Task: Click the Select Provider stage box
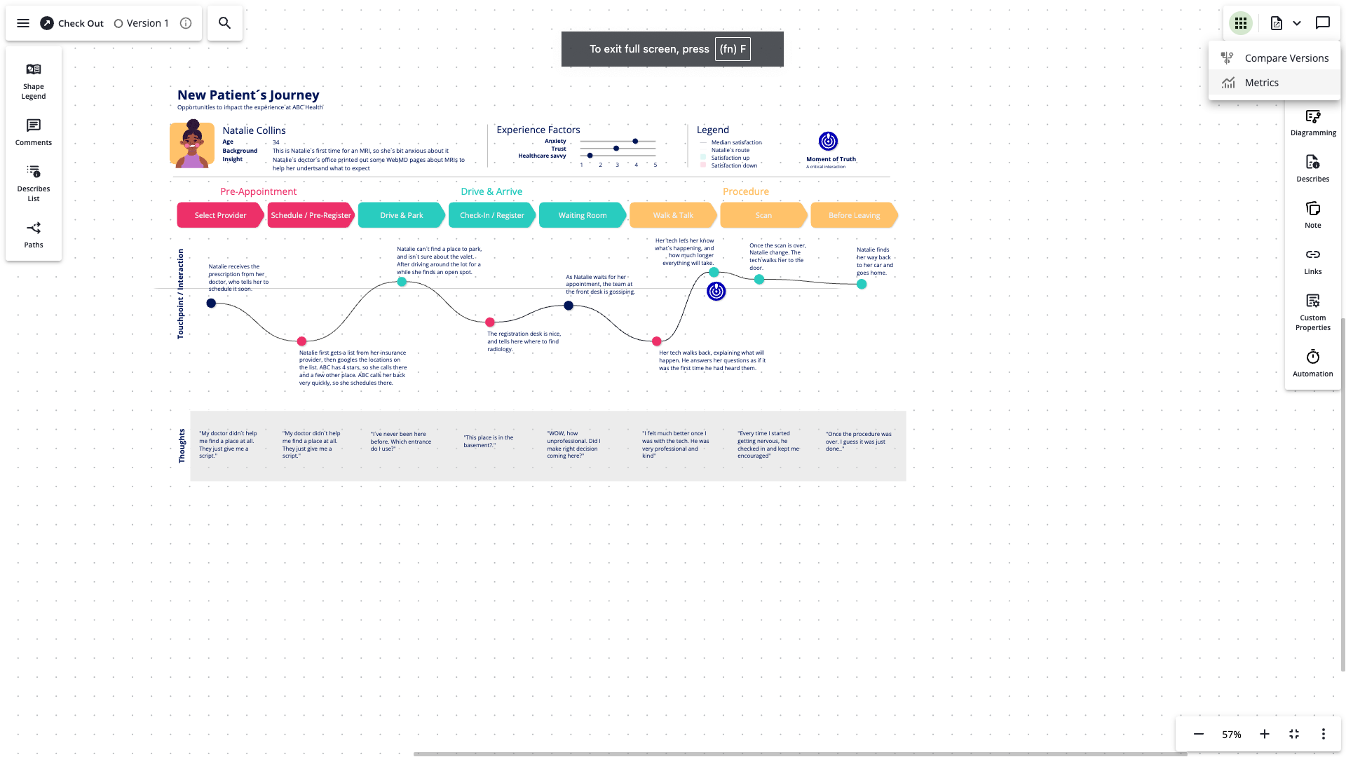220,215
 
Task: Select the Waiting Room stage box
582,215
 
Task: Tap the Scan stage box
763,215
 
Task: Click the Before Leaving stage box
853,215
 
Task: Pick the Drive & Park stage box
401,215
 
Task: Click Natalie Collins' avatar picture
192,144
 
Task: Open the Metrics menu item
1261,83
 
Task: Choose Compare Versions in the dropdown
1286,58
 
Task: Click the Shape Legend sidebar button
34,81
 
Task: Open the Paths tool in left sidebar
34,235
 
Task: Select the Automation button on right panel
1312,363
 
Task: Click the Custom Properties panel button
1312,312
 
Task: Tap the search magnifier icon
224,23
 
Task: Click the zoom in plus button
1264,734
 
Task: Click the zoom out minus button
1199,734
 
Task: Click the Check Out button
72,23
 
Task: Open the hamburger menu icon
23,23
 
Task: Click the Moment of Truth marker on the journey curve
716,291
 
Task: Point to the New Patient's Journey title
248,95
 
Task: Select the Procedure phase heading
745,191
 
